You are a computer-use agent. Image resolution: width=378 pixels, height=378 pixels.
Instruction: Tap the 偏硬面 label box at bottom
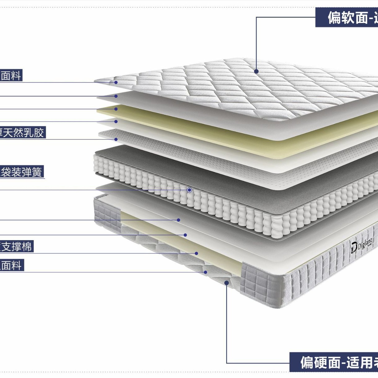tap(334, 362)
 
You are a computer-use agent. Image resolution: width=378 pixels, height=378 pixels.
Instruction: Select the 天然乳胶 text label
tap(22, 133)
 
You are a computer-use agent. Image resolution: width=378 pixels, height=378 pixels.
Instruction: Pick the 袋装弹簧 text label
tap(21, 172)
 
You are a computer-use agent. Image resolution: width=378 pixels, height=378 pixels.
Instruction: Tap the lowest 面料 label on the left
tap(11, 266)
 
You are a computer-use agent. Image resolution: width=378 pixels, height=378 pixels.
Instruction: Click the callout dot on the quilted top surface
tap(256, 71)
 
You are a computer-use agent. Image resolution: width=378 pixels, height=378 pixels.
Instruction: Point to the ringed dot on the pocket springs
tap(189, 190)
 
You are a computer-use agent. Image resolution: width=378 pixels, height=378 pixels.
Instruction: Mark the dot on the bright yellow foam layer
tap(116, 109)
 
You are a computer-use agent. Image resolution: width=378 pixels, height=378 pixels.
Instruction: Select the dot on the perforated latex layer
tap(116, 139)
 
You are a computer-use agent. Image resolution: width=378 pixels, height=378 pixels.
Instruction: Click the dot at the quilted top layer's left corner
tap(116, 82)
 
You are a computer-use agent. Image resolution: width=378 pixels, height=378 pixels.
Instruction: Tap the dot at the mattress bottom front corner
tap(226, 283)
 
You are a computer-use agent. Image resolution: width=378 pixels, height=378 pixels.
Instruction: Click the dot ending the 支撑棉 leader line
tap(196, 253)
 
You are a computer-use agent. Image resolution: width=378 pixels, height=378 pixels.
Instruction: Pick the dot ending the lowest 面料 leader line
tap(205, 272)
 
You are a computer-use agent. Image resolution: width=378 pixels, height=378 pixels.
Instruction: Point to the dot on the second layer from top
tap(116, 96)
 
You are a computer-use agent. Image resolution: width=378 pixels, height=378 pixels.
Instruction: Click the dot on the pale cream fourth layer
tap(116, 121)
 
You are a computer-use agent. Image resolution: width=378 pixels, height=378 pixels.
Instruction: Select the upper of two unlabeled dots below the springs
tap(178, 220)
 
